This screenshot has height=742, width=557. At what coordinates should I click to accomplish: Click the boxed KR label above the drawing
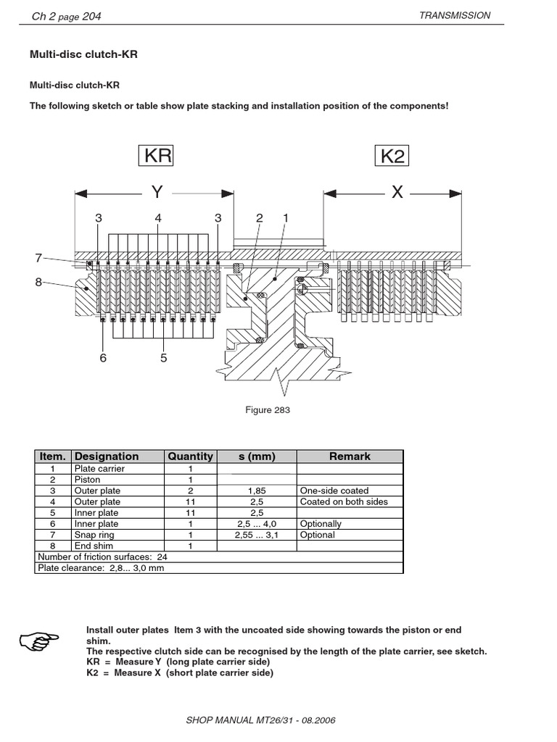157,157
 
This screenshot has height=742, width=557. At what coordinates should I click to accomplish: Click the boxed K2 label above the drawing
392,157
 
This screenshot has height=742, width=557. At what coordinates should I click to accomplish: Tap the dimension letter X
397,193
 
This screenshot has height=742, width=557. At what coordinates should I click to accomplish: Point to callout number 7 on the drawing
39,257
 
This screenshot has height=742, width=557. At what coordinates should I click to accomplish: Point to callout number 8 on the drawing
39,283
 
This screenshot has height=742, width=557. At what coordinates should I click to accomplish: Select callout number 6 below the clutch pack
104,357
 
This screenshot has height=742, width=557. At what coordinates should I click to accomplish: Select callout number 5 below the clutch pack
163,357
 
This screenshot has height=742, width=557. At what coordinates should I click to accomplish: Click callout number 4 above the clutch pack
157,218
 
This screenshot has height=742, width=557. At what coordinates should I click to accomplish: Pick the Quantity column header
190,457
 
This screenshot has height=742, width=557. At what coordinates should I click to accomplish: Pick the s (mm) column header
256,457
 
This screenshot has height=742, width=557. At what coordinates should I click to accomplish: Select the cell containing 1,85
256,491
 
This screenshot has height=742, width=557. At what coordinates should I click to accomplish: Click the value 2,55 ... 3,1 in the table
256,535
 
